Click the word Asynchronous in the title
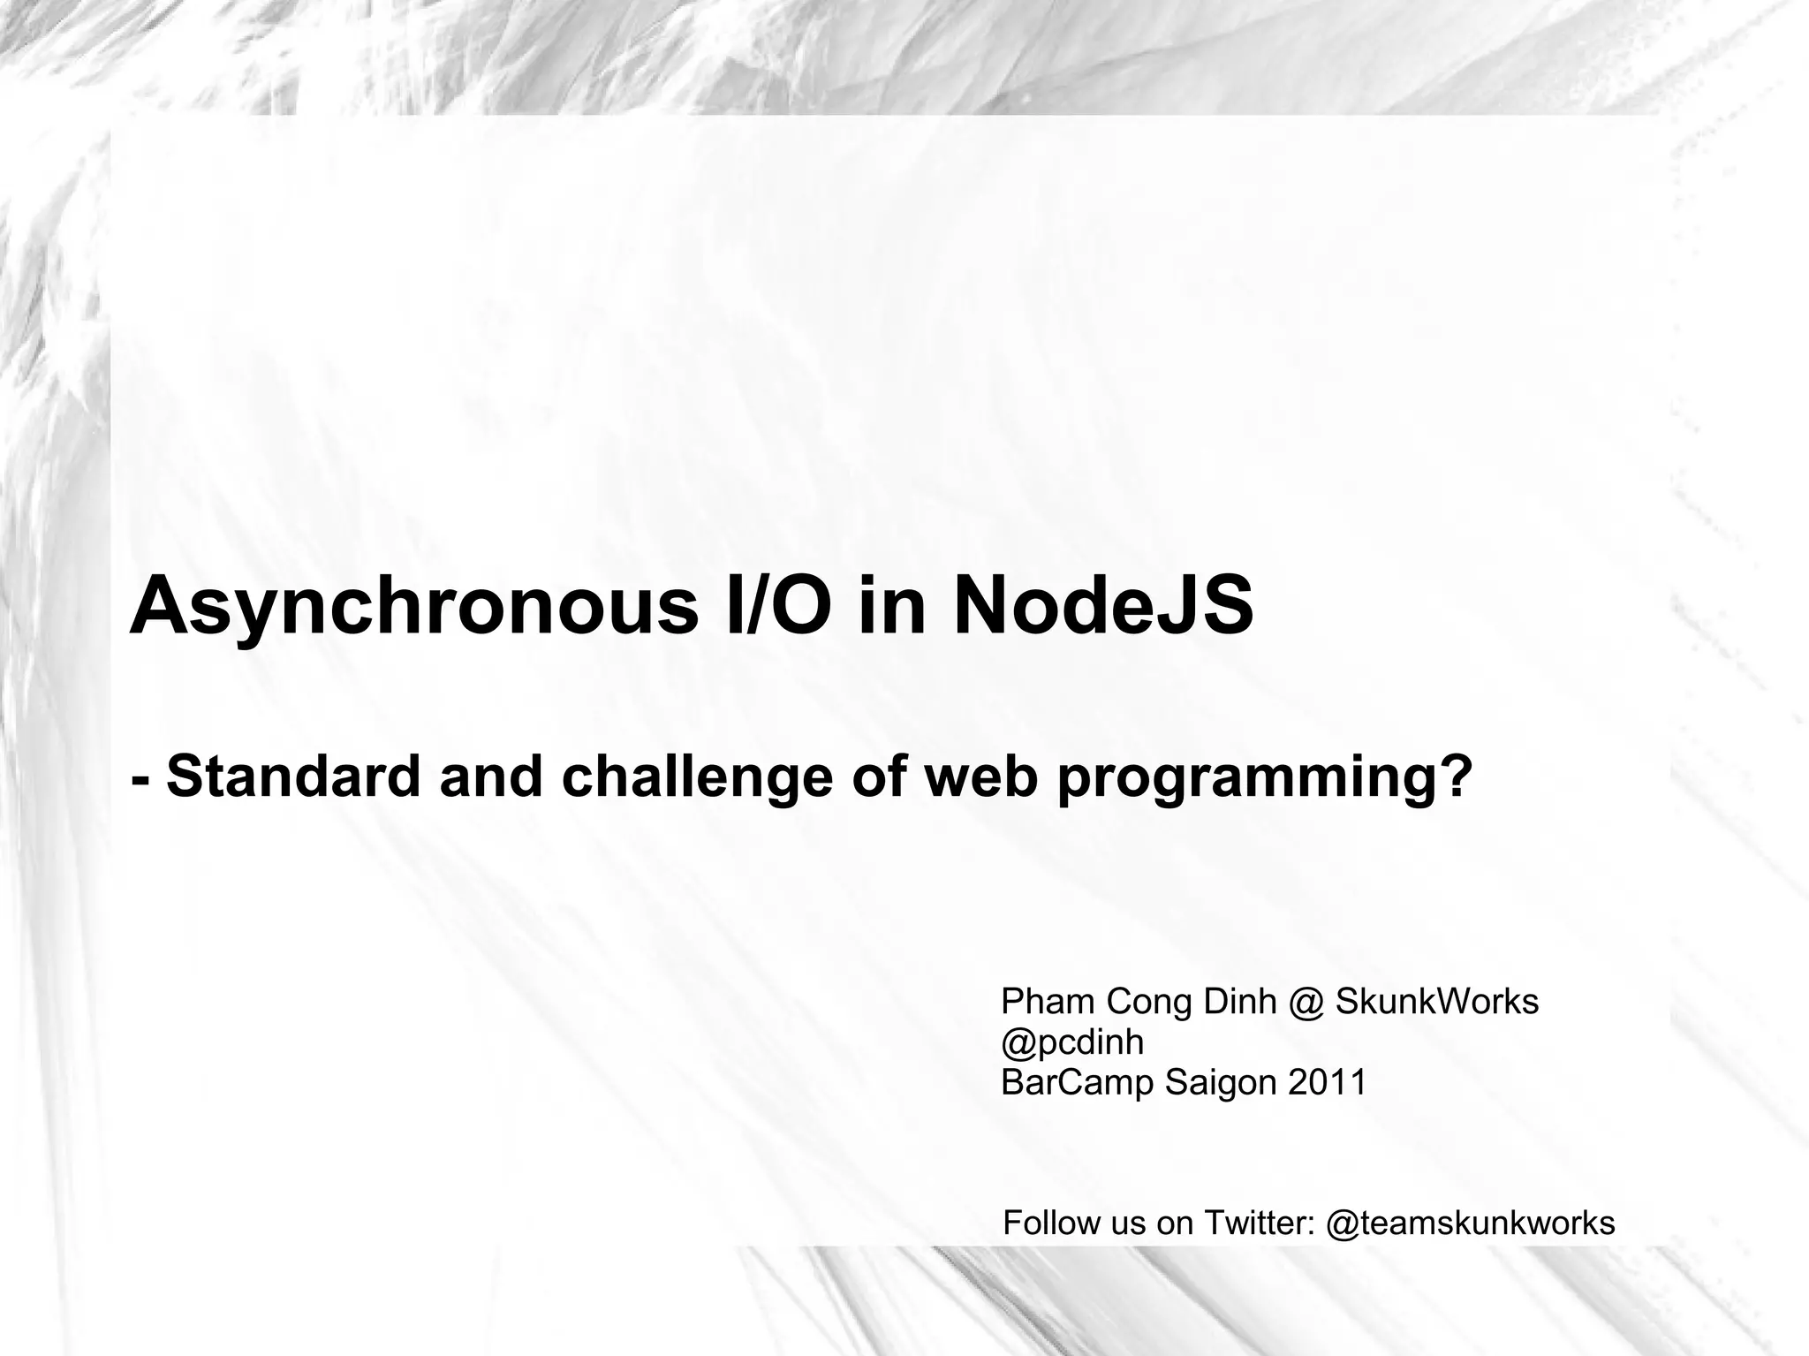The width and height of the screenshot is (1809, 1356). pyautogui.click(x=413, y=606)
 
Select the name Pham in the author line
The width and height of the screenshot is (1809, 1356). pyautogui.click(x=1048, y=1002)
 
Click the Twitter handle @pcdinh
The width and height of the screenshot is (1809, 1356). pyautogui.click(x=1072, y=1042)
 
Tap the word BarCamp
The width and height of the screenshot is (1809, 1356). pyautogui.click(x=1078, y=1082)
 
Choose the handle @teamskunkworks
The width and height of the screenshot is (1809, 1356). pyautogui.click(x=1471, y=1223)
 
